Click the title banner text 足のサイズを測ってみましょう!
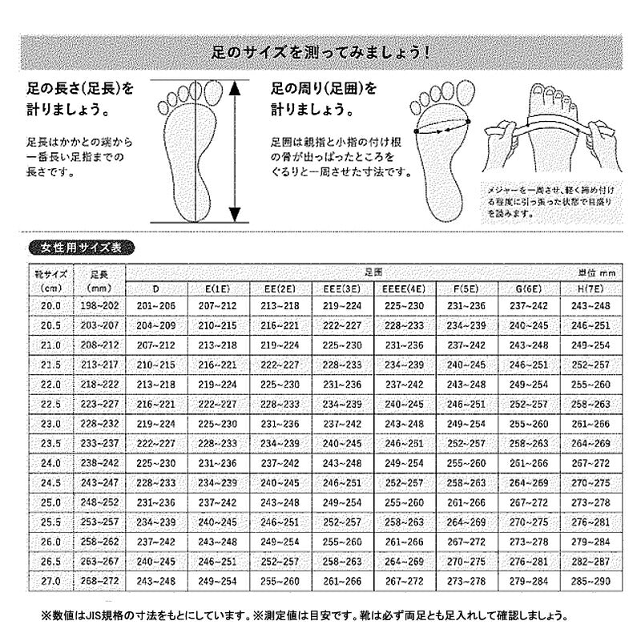point(320,54)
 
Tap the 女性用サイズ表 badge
point(81,248)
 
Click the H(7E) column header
point(592,288)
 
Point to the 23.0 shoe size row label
point(51,423)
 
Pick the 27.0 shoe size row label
point(51,579)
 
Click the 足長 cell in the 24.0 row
point(100,462)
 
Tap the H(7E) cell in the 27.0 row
point(592,579)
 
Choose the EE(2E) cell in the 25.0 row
point(280,501)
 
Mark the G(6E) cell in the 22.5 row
point(530,404)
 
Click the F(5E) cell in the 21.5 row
point(467,365)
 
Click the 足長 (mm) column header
point(100,280)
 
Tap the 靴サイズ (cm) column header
point(51,280)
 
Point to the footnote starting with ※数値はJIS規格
point(304,616)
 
